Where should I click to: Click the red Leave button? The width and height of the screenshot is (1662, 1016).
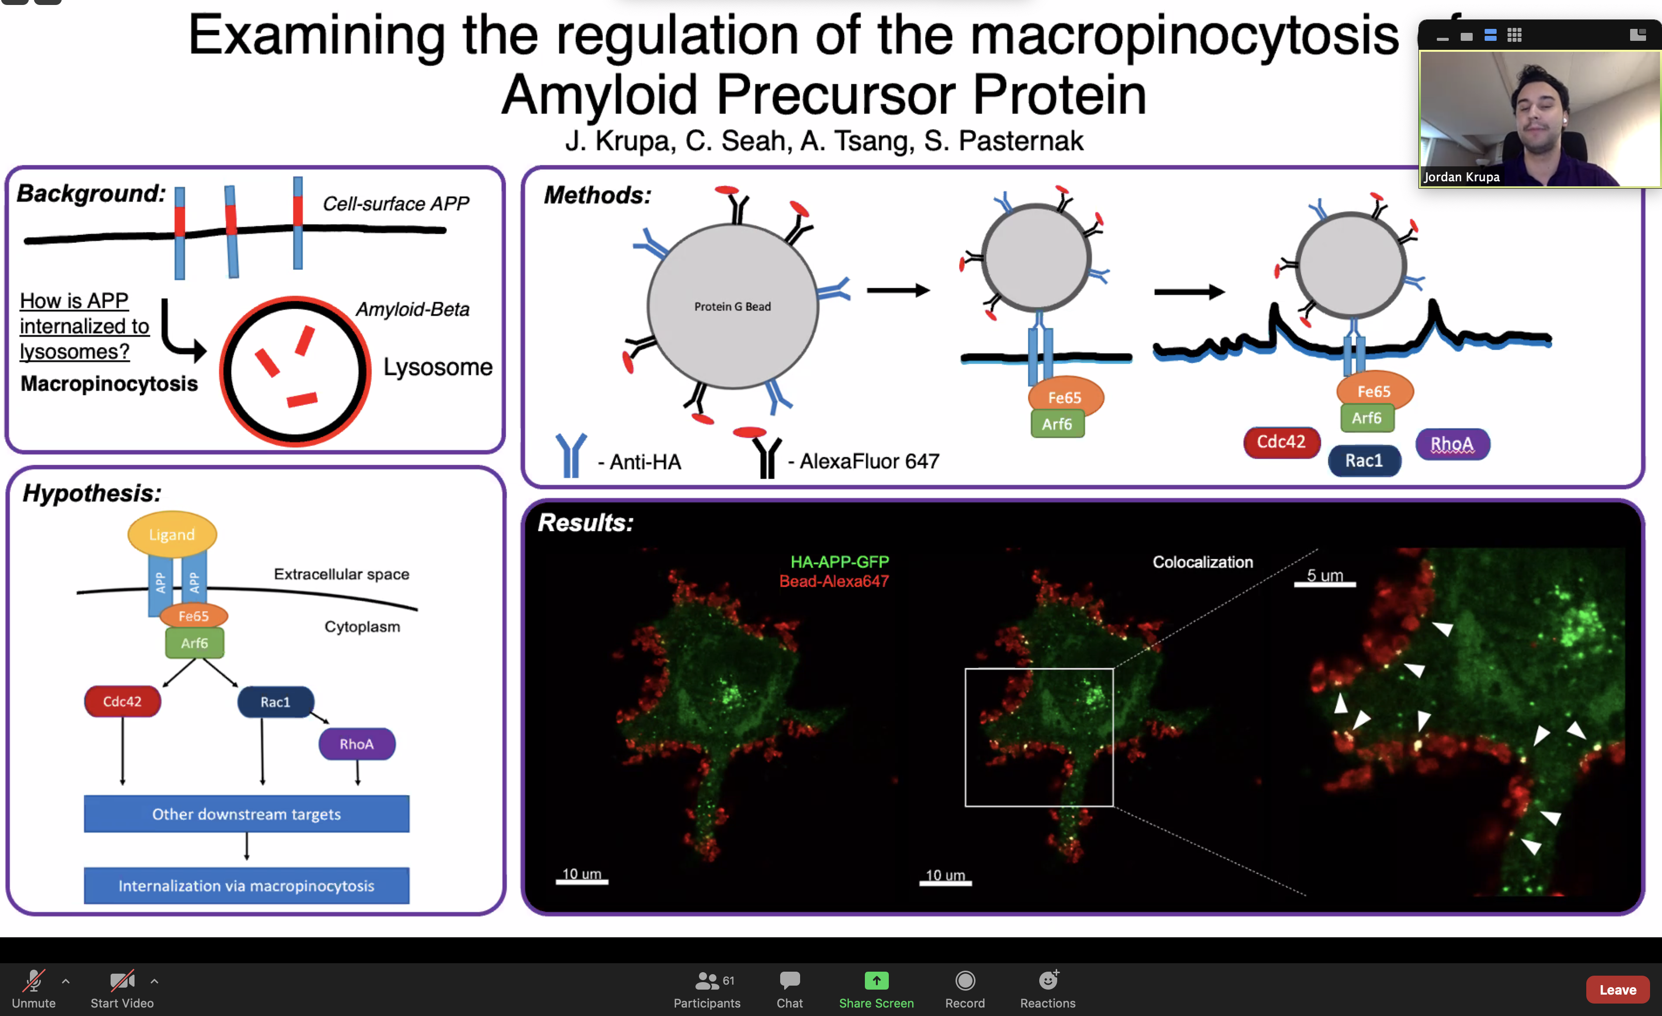[x=1618, y=989]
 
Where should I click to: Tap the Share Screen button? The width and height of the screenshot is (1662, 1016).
[x=876, y=989]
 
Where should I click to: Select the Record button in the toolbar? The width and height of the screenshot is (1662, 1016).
[x=965, y=989]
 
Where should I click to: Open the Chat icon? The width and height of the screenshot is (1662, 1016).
[x=789, y=989]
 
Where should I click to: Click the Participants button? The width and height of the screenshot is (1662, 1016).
[x=707, y=989]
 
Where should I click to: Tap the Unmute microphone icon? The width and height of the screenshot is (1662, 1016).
[x=34, y=989]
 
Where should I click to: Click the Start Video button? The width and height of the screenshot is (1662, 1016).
[x=122, y=989]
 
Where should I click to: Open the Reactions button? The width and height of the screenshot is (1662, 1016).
[x=1048, y=989]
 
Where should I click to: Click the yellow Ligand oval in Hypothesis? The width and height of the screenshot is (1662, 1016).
[x=172, y=534]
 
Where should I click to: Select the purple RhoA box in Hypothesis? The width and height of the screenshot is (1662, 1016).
[x=357, y=744]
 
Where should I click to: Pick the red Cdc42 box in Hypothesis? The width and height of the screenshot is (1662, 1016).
[x=122, y=701]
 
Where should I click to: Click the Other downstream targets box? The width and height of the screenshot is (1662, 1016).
[x=246, y=814]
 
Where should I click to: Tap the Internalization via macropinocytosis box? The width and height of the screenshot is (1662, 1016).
[x=246, y=885]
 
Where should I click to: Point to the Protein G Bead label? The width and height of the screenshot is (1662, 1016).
[x=732, y=307]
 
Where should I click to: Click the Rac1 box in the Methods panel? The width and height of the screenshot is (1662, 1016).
[x=1365, y=461]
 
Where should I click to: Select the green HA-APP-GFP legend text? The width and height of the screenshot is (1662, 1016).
[x=840, y=562]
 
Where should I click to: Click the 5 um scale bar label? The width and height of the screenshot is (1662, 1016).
[x=1325, y=575]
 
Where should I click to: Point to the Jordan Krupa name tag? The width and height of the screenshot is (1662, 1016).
[x=1462, y=177]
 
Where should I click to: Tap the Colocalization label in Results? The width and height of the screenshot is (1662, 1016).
[x=1203, y=562]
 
